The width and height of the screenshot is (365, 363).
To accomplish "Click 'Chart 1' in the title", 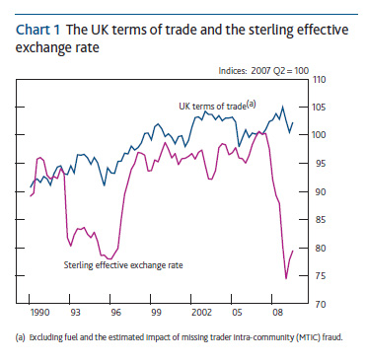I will tap(38, 29).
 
